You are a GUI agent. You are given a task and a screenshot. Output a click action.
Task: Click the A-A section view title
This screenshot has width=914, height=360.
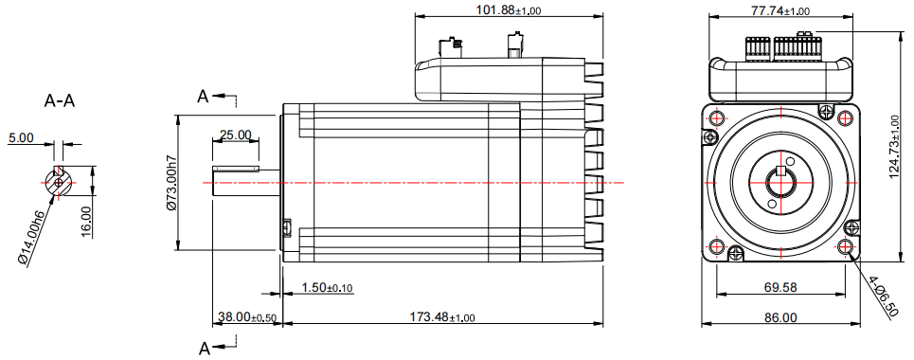click(60, 101)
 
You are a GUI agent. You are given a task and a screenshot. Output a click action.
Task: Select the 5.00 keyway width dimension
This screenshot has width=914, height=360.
click(21, 138)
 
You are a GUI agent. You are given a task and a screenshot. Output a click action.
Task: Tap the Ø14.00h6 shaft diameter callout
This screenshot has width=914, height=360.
click(32, 235)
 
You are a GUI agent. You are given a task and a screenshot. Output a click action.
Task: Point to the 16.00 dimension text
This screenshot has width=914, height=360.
click(86, 221)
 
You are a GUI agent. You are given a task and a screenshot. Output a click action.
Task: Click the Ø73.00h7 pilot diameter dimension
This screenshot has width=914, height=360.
click(171, 182)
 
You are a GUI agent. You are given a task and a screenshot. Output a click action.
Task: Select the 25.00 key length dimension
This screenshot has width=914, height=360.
click(236, 135)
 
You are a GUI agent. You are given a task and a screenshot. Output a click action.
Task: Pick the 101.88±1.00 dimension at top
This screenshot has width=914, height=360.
click(509, 9)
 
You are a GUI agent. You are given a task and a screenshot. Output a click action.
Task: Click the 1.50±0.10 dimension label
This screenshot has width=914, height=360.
click(328, 287)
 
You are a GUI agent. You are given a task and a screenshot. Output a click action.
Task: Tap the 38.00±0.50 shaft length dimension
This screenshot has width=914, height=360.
click(246, 316)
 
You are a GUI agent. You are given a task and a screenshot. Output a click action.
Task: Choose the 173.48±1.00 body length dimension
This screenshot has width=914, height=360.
click(442, 316)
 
